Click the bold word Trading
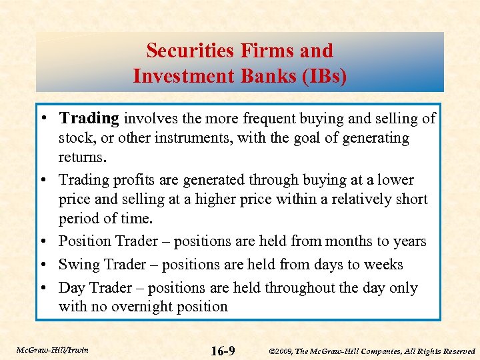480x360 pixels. [x=89, y=119]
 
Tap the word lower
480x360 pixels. [x=395, y=180]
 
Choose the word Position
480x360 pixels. [x=85, y=241]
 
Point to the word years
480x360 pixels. [x=407, y=241]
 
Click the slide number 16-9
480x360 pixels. [x=222, y=351]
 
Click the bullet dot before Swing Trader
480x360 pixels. [x=49, y=265]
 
